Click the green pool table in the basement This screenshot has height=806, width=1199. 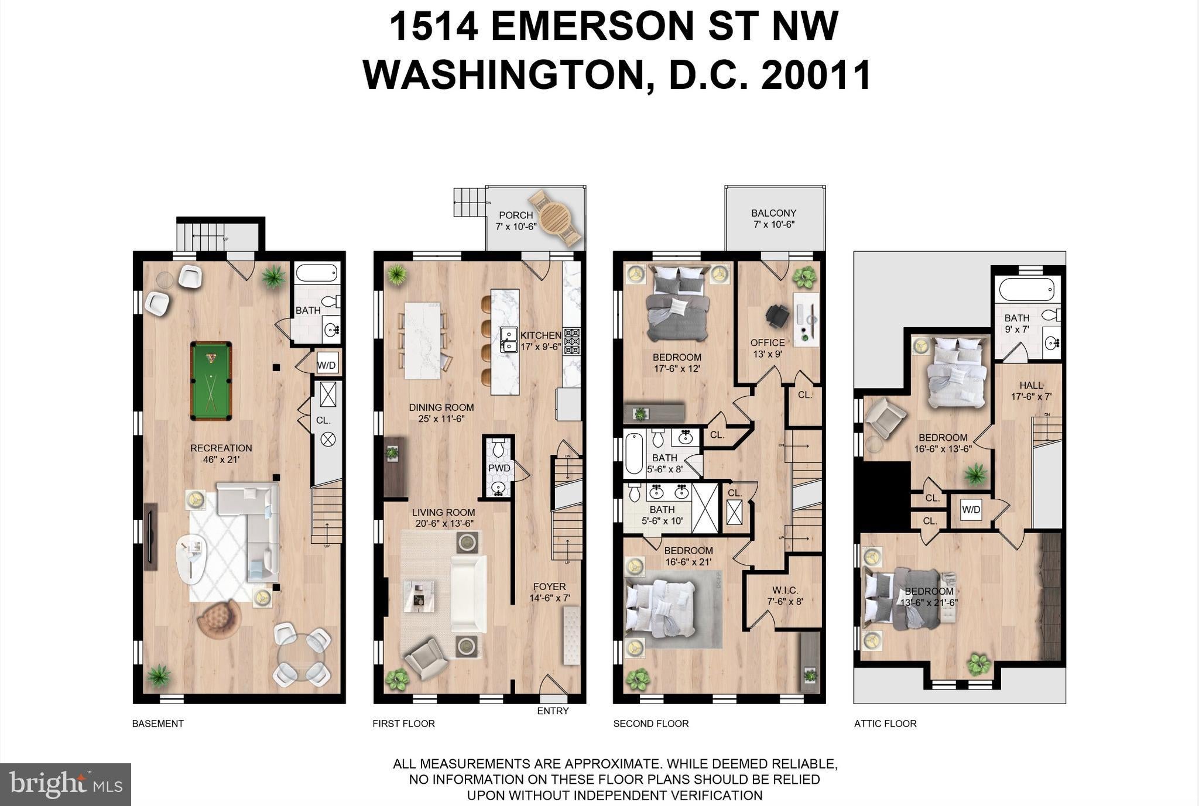[x=211, y=381]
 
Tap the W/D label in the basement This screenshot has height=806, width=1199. [x=327, y=366]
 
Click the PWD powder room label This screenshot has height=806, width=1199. [x=499, y=468]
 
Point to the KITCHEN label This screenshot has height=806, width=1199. [x=541, y=335]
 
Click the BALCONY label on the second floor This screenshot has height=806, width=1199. [x=774, y=213]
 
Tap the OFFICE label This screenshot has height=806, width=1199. [x=768, y=342]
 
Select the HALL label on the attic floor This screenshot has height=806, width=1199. [x=1032, y=385]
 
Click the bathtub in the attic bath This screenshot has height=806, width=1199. [x=1027, y=290]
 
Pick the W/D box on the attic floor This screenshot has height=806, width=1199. [x=971, y=510]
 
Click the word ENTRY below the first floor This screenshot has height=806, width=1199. [x=553, y=711]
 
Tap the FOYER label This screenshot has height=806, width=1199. [x=549, y=587]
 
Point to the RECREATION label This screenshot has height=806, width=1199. [x=221, y=448]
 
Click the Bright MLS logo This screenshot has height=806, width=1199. [x=66, y=784]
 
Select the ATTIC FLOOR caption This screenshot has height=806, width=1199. [x=885, y=723]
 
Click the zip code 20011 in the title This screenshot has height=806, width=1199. [x=817, y=75]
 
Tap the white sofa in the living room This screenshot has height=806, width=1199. [x=468, y=594]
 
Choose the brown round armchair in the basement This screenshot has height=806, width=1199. [x=219, y=619]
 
